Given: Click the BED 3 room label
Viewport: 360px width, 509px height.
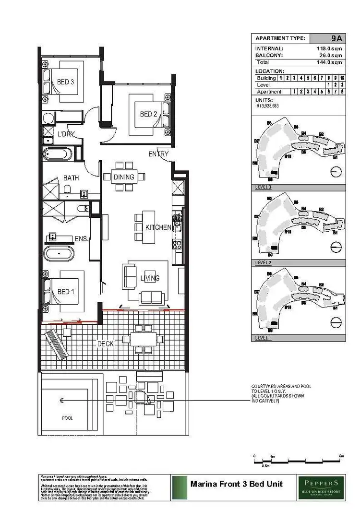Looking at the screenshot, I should point(65,82).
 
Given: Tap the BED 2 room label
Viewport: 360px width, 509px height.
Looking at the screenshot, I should point(148,114).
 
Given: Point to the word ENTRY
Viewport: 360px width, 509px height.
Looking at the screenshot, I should point(158,154).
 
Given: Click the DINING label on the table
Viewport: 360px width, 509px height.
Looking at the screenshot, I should point(124,178).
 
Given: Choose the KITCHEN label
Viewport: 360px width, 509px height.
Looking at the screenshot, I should point(158,227).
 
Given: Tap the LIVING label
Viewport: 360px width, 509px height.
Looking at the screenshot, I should point(150,278).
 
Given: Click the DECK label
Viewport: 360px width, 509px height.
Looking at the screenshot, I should point(107,343).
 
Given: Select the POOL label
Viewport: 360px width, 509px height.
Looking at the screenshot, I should point(68,418).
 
